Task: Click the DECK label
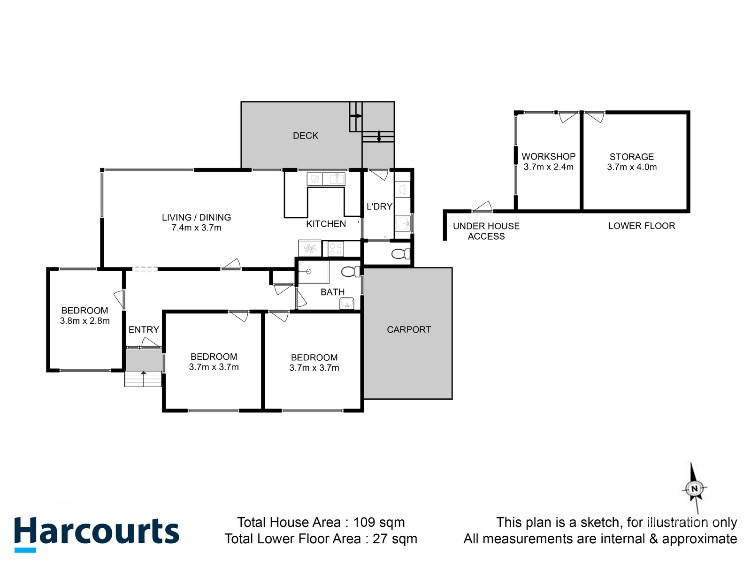[x=306, y=136]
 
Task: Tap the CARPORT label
[x=409, y=329]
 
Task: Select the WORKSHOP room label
[x=548, y=157]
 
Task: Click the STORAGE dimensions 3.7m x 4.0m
[x=632, y=167]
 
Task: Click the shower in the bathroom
[x=314, y=272]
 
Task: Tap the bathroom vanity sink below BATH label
[x=346, y=304]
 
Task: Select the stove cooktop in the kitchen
[x=336, y=249]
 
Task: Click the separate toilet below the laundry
[x=400, y=254]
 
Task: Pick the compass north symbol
[x=694, y=488]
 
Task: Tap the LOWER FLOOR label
[x=641, y=226]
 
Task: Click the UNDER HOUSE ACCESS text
[x=486, y=231]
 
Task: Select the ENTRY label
[x=144, y=329]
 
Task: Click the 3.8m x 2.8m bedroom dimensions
[x=84, y=321]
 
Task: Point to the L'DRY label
[x=379, y=206]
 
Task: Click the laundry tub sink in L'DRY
[x=403, y=223]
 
